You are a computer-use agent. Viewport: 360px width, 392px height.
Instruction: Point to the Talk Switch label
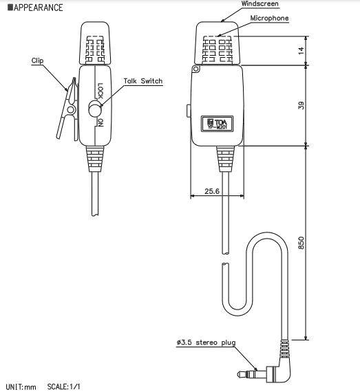tap(143, 81)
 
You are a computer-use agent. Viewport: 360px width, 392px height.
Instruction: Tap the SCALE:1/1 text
tap(64, 386)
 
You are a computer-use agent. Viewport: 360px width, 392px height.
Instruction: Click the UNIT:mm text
tap(21, 386)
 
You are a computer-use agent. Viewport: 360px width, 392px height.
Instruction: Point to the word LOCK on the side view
tap(100, 90)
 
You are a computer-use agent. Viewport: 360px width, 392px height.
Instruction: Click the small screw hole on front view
tap(196, 69)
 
